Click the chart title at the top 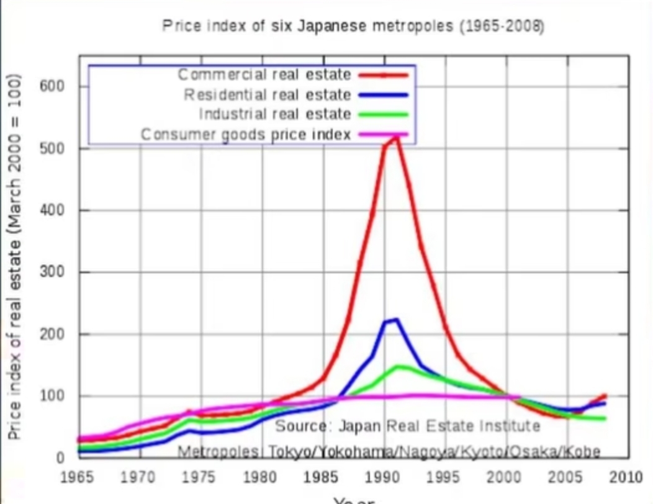(353, 27)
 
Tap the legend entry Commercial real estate (264, 75)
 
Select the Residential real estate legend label (268, 95)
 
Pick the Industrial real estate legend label (275, 114)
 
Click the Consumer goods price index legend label (246, 134)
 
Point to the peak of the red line (395, 138)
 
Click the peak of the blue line (395, 320)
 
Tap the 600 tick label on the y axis (52, 86)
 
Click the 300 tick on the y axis (52, 272)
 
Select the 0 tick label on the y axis (60, 458)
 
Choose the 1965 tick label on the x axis (78, 478)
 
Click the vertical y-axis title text (15, 258)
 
